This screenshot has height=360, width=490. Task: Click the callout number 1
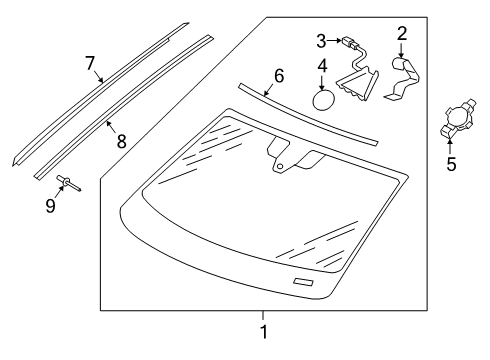264,332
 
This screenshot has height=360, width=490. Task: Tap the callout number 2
402,34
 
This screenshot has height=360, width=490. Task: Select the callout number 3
321,41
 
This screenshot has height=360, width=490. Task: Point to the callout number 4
322,66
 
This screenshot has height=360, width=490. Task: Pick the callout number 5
451,164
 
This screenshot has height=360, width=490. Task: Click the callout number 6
279,76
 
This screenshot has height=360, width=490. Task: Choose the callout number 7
90,63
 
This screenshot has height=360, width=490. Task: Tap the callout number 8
122,141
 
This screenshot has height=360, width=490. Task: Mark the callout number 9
50,206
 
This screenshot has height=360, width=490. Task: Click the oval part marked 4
323,99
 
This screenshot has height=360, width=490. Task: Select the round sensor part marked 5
458,118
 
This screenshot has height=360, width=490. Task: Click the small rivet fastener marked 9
69,183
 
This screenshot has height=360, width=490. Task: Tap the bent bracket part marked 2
403,78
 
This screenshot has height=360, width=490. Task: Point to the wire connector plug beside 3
347,43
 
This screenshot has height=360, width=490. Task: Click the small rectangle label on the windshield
303,282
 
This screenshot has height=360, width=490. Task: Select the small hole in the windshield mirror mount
280,166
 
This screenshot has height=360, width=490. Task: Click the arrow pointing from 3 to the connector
334,41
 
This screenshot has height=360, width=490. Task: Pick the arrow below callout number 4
322,83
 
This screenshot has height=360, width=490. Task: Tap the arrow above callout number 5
450,147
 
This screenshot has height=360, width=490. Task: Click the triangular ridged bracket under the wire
358,83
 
